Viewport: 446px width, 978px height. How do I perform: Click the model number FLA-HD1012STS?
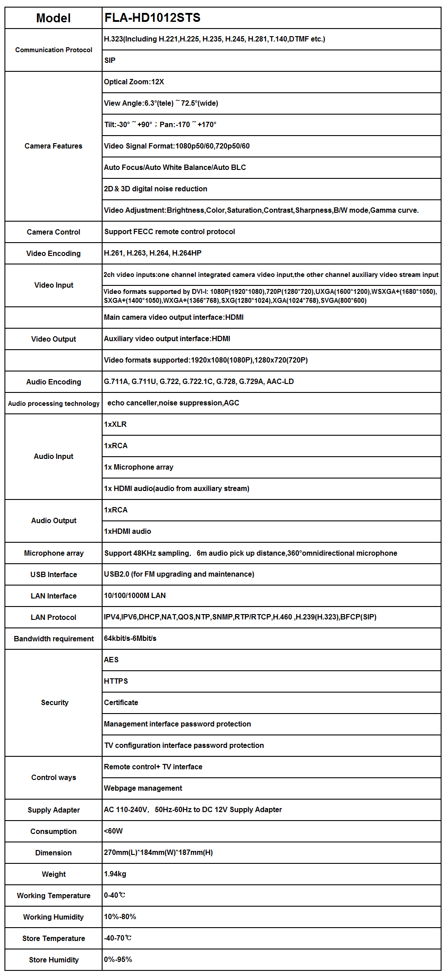click(153, 18)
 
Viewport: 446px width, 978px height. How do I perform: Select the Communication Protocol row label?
click(54, 50)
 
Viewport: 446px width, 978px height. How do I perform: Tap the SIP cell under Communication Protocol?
click(110, 60)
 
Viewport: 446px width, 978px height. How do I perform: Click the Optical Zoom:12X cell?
click(134, 82)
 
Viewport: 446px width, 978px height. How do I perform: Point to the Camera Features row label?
click(54, 146)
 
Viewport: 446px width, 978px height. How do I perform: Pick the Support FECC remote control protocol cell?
click(169, 231)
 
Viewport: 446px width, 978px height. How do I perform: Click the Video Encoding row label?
click(54, 253)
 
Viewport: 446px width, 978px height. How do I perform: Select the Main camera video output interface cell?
click(173, 317)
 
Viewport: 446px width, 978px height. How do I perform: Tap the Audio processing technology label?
click(54, 404)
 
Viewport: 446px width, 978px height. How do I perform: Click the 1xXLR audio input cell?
click(116, 424)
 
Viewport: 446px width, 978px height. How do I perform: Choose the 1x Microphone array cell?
click(139, 467)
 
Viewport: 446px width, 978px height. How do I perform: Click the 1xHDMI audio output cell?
click(128, 531)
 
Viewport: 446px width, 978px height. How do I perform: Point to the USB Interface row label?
click(54, 574)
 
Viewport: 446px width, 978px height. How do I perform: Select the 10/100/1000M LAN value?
click(135, 595)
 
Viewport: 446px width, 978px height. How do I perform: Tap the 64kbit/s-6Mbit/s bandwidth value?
click(130, 638)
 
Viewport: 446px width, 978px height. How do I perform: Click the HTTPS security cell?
click(116, 681)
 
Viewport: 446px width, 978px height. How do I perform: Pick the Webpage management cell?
click(143, 788)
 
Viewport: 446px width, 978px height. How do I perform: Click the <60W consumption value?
click(113, 831)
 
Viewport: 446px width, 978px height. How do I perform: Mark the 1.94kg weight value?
click(115, 874)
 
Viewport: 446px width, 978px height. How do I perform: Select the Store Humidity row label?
click(54, 960)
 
